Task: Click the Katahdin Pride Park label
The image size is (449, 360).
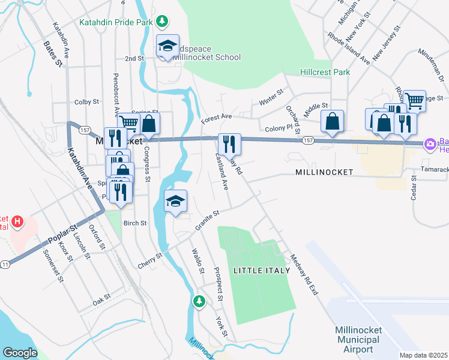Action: click(116, 23)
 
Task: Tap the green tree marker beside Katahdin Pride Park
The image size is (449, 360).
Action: click(161, 22)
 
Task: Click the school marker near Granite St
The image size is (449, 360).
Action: click(176, 201)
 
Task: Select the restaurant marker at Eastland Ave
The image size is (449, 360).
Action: click(229, 144)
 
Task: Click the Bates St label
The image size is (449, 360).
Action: click(53, 53)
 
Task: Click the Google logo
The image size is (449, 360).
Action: click(20, 353)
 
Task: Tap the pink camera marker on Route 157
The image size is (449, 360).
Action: click(430, 144)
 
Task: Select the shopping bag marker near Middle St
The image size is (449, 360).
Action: click(332, 121)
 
